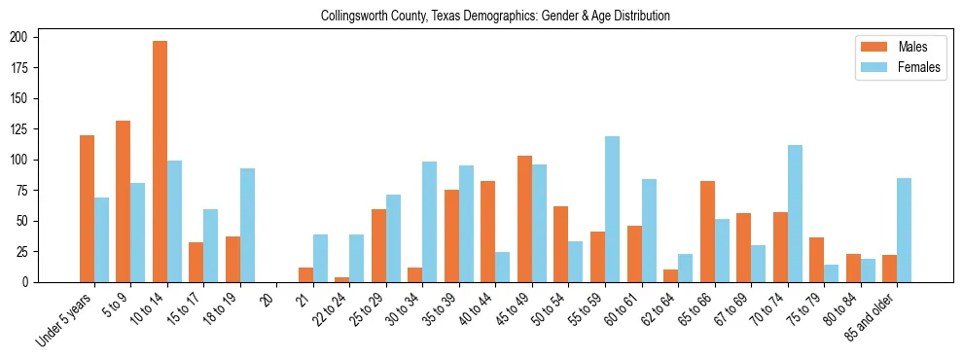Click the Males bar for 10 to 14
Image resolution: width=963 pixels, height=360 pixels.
point(160,162)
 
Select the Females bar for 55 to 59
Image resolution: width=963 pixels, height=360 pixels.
point(613,209)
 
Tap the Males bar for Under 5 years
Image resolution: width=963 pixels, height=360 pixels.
point(87,208)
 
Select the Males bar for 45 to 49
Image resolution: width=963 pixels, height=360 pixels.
point(525,219)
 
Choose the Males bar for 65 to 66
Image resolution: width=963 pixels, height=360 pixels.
point(707,232)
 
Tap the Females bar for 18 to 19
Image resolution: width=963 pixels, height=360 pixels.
point(247,225)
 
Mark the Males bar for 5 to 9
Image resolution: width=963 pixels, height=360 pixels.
point(124,201)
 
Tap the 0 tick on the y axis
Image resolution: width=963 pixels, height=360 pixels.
point(31,282)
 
